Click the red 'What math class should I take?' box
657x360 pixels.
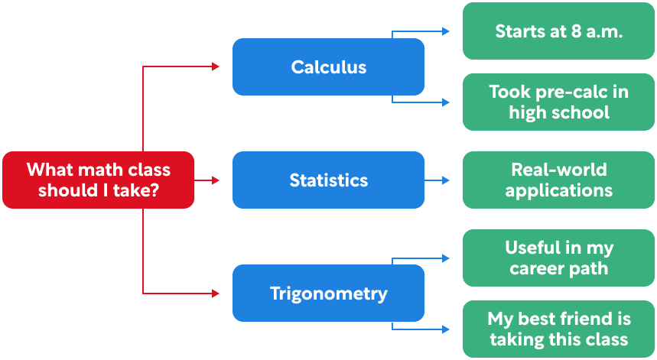pyautogui.click(x=98, y=180)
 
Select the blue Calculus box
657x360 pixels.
pyautogui.click(x=328, y=67)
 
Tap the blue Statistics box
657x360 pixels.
pyautogui.click(x=328, y=180)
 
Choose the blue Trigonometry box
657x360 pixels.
pyautogui.click(x=328, y=294)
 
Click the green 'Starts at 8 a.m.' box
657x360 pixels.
pyautogui.click(x=559, y=31)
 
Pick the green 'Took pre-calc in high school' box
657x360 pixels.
pyautogui.click(x=559, y=102)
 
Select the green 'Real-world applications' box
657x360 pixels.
pyautogui.click(x=559, y=180)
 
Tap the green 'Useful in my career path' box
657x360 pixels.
pyautogui.click(x=559, y=258)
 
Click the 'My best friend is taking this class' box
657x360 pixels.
pyautogui.click(x=559, y=329)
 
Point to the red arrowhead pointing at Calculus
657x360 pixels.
pyautogui.click(x=216, y=67)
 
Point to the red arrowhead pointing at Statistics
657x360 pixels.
pyautogui.click(x=216, y=180)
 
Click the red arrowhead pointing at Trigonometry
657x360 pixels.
pyautogui.click(x=216, y=294)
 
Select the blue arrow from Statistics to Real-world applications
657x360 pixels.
pyautogui.click(x=437, y=180)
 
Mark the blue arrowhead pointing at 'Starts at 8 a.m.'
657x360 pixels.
pyautogui.click(x=446, y=31)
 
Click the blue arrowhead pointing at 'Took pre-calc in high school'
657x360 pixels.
pyautogui.click(x=446, y=102)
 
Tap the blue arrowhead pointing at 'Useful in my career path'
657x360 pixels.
pyautogui.click(x=446, y=259)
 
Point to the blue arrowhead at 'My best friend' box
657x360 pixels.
pyautogui.click(x=446, y=329)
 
